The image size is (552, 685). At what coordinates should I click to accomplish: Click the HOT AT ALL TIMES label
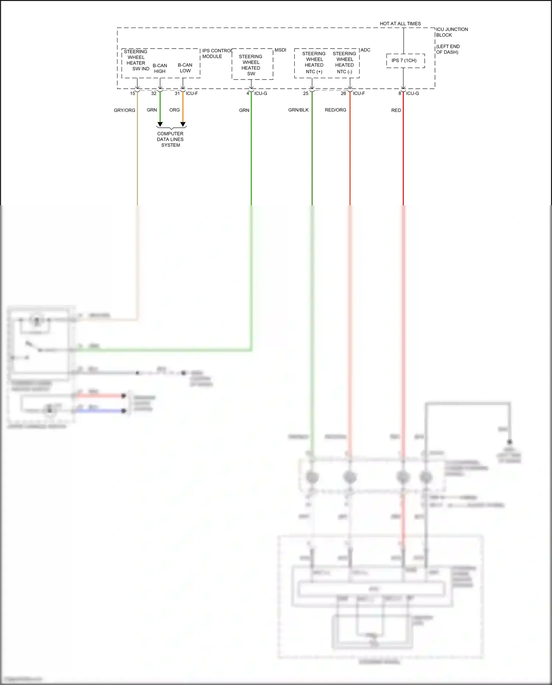coord(400,24)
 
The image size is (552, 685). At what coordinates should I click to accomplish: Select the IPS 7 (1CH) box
coord(405,61)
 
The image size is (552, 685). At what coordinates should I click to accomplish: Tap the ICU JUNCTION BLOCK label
coord(452,32)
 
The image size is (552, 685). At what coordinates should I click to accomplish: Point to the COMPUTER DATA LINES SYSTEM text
coord(170,140)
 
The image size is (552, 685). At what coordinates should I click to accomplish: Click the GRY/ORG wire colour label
coord(124,110)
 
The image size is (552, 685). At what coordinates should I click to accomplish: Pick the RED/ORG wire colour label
coord(335,110)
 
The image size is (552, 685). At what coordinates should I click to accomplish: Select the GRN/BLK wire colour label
coord(298,110)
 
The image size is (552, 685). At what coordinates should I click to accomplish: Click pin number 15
coord(132,93)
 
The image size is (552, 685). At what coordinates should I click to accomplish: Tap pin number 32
coord(154,93)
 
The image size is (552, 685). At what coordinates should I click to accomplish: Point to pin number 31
coord(177,93)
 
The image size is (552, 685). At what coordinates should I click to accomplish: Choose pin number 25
coord(305,93)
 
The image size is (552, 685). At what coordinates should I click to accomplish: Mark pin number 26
coord(343,93)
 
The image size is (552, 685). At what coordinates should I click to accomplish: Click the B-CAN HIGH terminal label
coord(160,68)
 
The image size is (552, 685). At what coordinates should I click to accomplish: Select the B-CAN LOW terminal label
coord(185,68)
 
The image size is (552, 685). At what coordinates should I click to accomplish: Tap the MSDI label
coord(280,50)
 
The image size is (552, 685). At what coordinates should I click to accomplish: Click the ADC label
coord(365,50)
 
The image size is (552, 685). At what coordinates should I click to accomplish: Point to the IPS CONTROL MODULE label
coord(217,54)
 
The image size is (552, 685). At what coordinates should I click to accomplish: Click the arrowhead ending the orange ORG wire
coord(183,124)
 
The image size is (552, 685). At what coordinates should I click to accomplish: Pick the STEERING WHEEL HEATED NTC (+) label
coord(314,63)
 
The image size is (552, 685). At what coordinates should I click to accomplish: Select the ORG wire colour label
coord(174,110)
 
